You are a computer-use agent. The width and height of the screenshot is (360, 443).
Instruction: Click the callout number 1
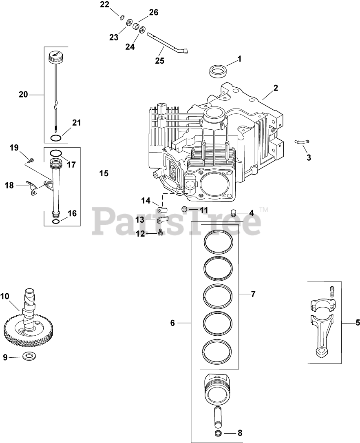[239, 59]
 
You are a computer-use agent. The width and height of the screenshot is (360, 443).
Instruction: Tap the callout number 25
[159, 60]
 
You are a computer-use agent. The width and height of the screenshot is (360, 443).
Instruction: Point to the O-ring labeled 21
[57, 137]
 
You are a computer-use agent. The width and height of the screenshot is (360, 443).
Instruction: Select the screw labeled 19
[30, 159]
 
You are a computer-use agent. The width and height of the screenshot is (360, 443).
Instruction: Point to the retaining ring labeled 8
[218, 433]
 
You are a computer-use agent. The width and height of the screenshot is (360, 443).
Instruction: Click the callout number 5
[358, 323]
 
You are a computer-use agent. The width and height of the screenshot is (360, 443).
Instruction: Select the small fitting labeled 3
[302, 141]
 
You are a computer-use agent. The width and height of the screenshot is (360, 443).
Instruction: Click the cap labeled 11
[185, 209]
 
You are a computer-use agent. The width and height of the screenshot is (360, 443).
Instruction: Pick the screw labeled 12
[160, 233]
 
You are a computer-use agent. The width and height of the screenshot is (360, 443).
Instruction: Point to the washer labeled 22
[121, 17]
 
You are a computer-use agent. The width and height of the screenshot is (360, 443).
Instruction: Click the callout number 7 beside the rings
[253, 293]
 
